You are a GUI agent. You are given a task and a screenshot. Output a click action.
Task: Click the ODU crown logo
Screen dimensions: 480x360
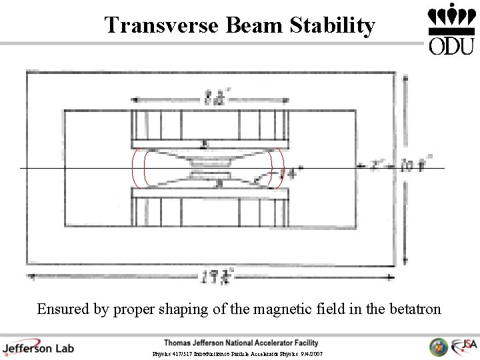[451, 28]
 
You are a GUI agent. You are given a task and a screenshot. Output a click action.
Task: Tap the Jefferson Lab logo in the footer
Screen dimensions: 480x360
[38, 347]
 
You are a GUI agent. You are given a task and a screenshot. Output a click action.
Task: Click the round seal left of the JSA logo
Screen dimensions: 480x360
[438, 347]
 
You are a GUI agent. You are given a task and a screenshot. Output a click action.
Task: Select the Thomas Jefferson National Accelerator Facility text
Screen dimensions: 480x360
[241, 343]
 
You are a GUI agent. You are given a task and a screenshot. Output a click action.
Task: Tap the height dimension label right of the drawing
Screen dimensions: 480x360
[415, 163]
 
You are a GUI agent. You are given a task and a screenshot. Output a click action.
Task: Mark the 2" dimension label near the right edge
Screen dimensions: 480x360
[378, 163]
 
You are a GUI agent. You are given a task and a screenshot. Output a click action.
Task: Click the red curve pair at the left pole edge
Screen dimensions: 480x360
[139, 167]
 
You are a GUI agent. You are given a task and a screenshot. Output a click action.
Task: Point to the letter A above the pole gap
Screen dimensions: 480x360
[205, 144]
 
